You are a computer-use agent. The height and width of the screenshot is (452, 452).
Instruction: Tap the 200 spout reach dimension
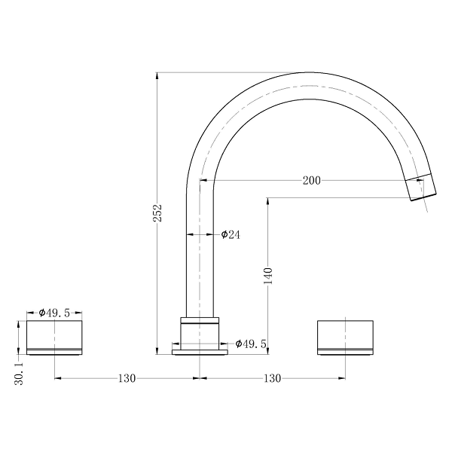[311, 180]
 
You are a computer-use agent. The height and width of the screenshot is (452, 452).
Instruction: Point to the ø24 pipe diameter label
[230, 235]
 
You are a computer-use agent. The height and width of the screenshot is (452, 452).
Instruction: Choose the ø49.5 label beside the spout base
[251, 344]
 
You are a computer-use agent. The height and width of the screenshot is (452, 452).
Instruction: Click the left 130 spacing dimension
[126, 377]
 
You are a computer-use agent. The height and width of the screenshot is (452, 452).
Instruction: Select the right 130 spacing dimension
[272, 377]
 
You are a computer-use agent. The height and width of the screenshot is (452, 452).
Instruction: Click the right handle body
[344, 336]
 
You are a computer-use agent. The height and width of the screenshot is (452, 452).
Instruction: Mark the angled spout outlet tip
[422, 188]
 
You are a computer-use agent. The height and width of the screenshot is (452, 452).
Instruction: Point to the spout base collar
[199, 331]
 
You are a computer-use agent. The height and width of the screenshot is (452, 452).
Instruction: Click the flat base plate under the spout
[199, 350]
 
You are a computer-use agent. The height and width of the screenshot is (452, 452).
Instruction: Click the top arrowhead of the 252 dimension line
[157, 75]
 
